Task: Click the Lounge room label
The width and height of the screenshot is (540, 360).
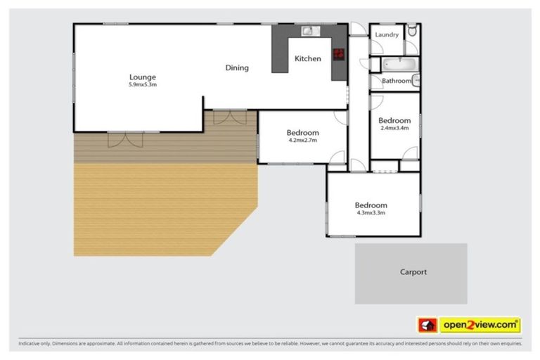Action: click(x=142, y=77)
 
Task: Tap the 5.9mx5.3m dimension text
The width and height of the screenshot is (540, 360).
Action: click(x=142, y=84)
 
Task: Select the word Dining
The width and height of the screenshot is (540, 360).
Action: click(x=237, y=67)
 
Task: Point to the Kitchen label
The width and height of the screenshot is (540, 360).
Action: click(x=307, y=58)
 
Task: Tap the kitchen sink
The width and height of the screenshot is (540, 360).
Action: click(x=309, y=31)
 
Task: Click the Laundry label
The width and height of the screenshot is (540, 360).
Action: click(x=387, y=34)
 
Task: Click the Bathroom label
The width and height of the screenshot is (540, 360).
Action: click(x=396, y=81)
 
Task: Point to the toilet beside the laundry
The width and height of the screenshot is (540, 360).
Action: click(x=413, y=32)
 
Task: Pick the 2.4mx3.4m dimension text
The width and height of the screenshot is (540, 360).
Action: click(x=395, y=129)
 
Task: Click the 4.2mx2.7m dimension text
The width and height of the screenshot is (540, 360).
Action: click(x=302, y=140)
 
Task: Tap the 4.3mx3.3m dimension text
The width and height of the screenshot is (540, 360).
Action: click(x=371, y=212)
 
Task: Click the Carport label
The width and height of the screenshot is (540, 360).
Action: click(x=413, y=271)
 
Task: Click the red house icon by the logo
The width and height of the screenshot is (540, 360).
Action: click(x=426, y=325)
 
